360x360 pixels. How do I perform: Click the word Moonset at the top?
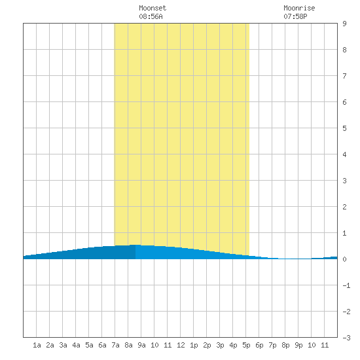[153, 8]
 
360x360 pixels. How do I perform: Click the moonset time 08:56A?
[151, 16]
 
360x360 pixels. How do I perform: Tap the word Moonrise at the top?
[299, 8]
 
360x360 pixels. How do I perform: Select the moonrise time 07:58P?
[295, 16]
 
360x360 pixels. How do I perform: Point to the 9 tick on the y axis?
[344, 24]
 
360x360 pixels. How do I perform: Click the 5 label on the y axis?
[344, 128]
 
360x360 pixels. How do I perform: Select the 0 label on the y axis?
[344, 259]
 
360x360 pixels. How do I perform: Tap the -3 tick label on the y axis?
[346, 338]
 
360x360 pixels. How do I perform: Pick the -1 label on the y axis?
[346, 285]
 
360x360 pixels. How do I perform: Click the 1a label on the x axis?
[37, 345]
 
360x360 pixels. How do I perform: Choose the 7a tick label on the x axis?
[115, 345]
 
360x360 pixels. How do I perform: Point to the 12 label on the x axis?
[181, 345]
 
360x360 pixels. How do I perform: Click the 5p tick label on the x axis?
[246, 345]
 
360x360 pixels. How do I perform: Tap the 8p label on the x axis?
[285, 345]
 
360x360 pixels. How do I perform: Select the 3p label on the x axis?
[220, 345]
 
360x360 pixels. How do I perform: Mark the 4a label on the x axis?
[76, 345]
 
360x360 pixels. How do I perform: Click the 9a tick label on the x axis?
[141, 345]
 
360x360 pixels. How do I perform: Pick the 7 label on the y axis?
[344, 76]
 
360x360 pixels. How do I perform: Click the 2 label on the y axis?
[344, 207]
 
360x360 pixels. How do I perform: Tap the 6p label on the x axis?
[259, 345]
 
